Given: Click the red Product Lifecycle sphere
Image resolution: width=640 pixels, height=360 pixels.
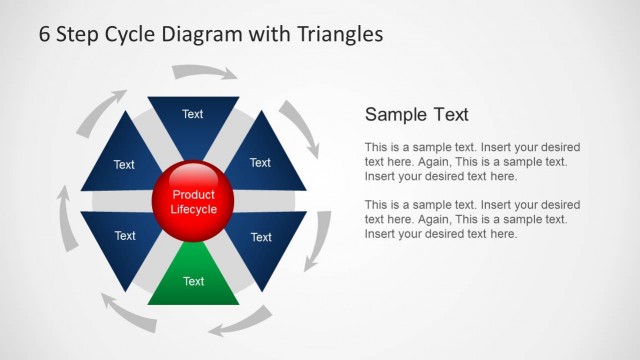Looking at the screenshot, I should (x=193, y=201).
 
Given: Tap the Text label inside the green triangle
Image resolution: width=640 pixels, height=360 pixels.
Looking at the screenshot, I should (x=193, y=281).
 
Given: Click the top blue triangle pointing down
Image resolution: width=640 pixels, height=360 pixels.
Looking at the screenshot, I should (x=193, y=118).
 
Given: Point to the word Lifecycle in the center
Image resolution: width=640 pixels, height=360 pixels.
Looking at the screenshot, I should (x=193, y=210).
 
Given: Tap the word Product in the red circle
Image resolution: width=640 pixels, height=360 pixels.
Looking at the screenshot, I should (x=193, y=195).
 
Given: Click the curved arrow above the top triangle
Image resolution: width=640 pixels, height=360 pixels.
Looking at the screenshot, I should (x=204, y=72).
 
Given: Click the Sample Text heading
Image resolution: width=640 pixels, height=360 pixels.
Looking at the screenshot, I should (x=416, y=114).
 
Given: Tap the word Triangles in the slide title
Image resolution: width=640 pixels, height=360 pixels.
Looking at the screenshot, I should (x=340, y=34).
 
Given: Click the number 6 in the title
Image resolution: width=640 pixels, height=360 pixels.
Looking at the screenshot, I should (x=45, y=34).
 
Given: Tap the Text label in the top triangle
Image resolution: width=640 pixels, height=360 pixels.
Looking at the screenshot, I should (x=193, y=114).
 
